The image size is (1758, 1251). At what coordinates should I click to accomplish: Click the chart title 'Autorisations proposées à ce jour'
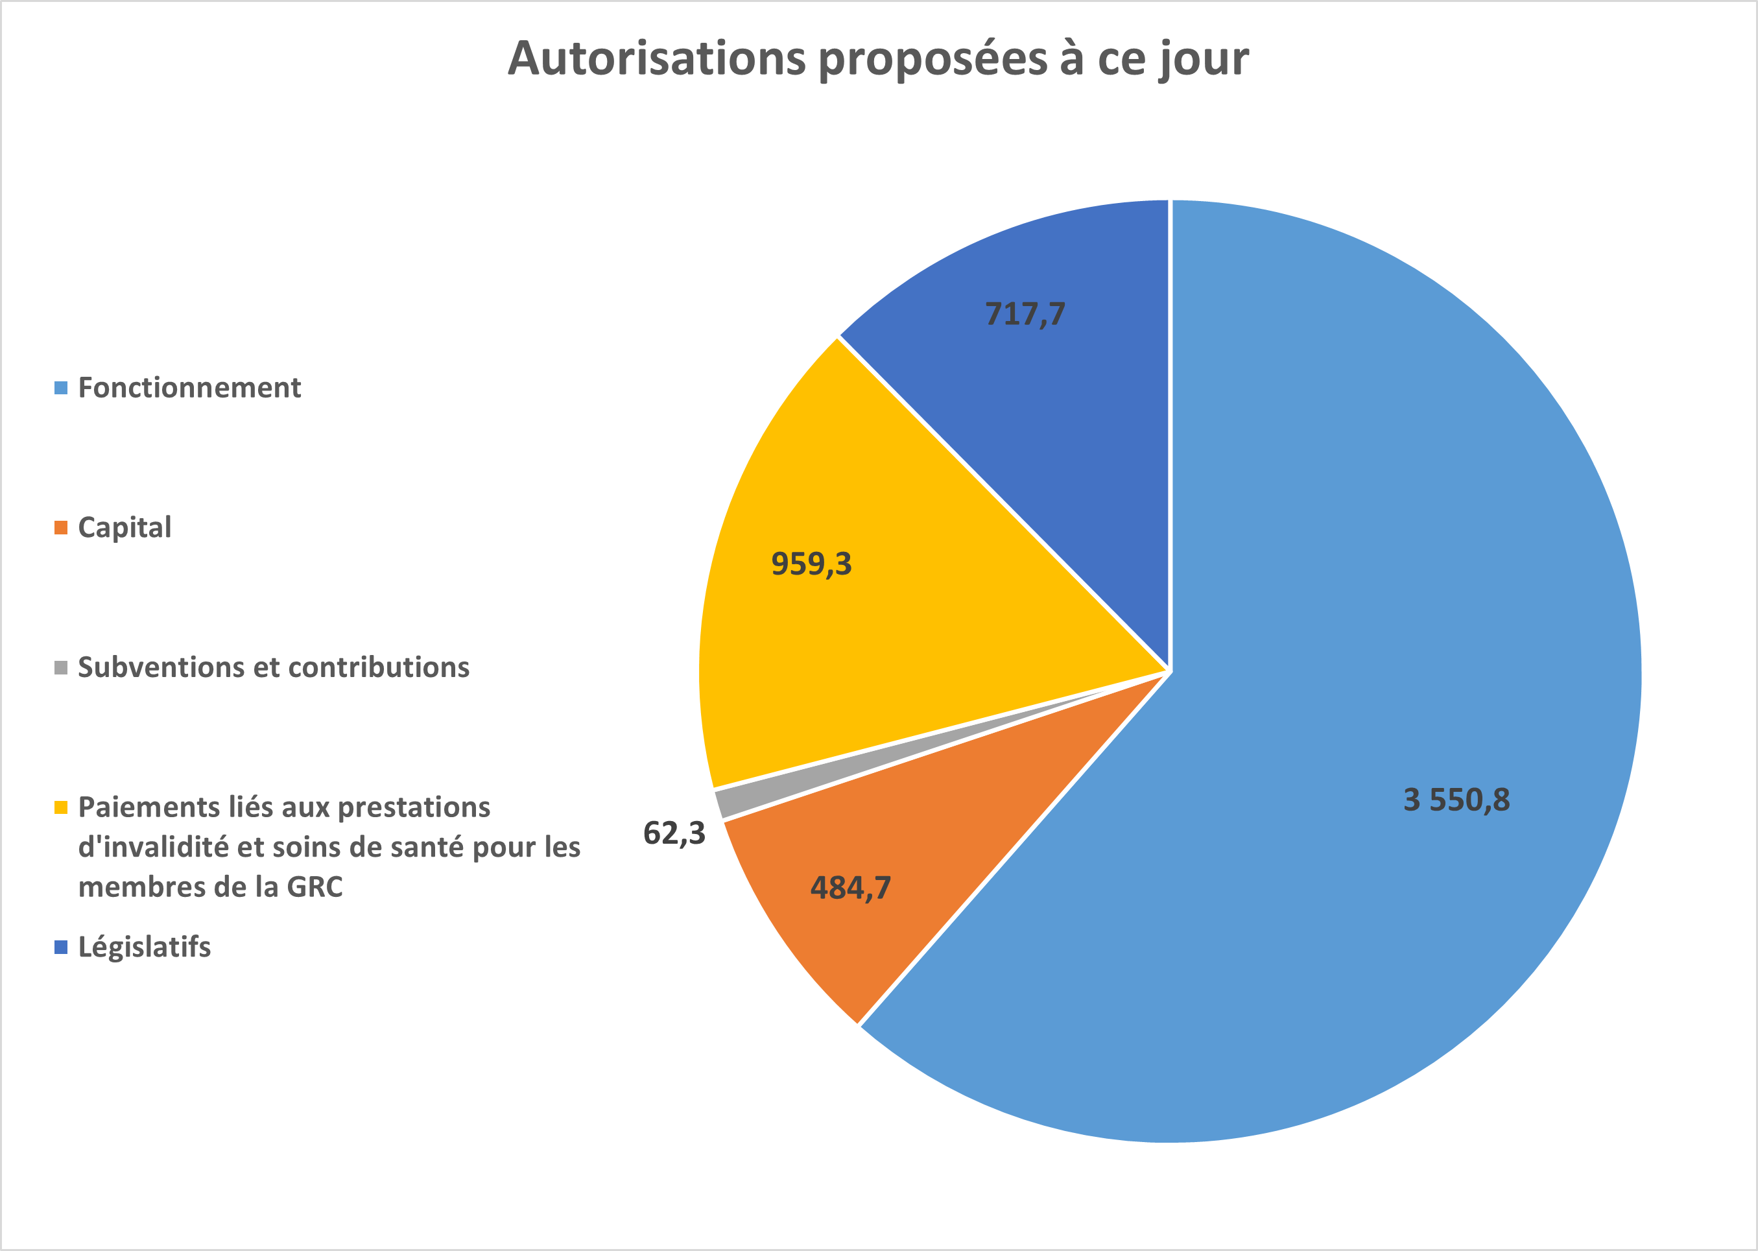pos(878,58)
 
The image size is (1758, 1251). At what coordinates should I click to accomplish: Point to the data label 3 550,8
pos(1456,800)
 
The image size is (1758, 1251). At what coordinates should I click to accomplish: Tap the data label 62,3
pos(674,833)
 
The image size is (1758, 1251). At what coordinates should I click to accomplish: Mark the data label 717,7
pos(1025,313)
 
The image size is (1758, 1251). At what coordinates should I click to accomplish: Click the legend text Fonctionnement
pos(189,387)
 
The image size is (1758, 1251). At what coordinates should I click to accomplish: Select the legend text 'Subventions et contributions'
pos(274,667)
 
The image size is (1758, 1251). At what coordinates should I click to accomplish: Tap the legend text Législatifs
pos(144,947)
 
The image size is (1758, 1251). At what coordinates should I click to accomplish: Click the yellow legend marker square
pos(61,807)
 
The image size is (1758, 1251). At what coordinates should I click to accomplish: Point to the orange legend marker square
pos(61,528)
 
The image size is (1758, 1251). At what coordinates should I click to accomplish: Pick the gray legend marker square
pos(61,667)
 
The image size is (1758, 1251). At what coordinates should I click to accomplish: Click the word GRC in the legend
pos(315,887)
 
